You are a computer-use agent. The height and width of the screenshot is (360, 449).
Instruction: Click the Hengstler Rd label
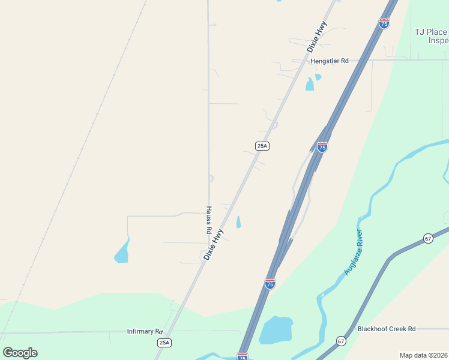pos(329,61)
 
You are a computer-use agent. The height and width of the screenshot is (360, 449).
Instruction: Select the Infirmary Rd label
pos(145,331)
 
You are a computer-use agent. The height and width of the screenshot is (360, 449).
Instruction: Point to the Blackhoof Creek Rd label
pos(386,329)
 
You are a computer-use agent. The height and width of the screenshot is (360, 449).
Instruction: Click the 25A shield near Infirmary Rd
pos(164,343)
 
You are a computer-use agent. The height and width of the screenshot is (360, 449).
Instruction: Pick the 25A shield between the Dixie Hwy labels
pos(262,146)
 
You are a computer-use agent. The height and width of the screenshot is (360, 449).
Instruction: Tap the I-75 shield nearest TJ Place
pos(384,23)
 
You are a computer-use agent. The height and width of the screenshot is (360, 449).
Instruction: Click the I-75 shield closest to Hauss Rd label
pos(270,283)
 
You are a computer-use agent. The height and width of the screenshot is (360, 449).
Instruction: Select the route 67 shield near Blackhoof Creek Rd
pos(341,341)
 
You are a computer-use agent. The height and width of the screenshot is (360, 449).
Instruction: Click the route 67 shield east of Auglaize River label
pos(427,238)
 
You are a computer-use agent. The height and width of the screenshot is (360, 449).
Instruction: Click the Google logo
pos(20,352)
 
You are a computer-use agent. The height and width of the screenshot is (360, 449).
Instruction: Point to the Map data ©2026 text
pos(423,355)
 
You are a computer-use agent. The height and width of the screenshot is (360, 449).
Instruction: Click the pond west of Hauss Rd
pos(122,253)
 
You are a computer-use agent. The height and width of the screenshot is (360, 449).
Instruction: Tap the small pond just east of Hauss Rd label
pos(239,222)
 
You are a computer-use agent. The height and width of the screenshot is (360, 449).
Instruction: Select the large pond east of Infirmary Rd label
pos(276,329)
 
